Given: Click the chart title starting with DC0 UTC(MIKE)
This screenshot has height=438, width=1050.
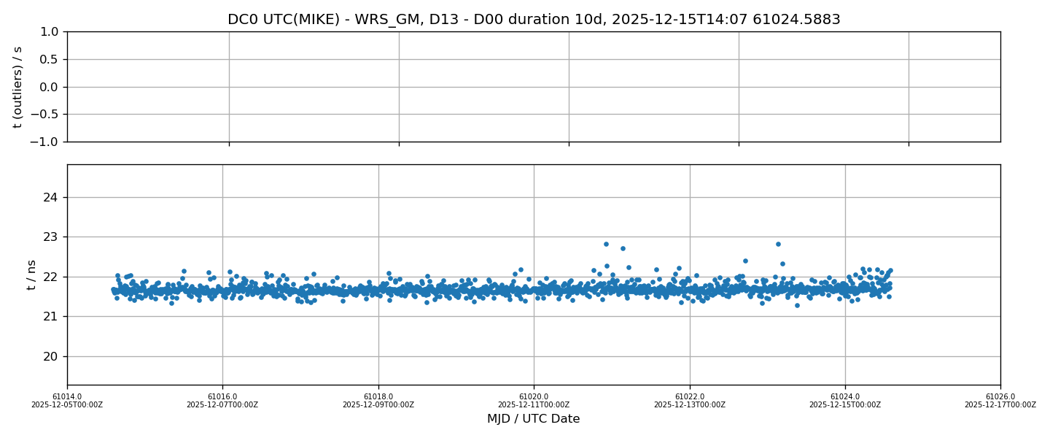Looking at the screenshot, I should (534, 20).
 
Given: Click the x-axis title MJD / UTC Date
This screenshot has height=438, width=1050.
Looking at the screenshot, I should (534, 419).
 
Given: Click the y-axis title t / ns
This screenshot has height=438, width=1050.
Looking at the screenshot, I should (31, 274).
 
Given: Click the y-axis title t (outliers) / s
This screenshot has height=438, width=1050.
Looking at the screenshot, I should (17, 87).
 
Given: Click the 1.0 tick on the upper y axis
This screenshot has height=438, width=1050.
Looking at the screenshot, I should (49, 32).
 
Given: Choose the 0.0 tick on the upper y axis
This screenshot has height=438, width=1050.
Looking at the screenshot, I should (49, 87).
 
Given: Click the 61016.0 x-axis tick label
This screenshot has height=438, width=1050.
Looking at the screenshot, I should (222, 396).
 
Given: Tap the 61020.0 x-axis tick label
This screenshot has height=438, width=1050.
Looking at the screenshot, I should (534, 396).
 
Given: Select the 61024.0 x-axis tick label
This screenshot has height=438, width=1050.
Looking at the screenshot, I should (845, 396).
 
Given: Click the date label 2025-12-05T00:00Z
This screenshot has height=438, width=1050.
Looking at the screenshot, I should (67, 405).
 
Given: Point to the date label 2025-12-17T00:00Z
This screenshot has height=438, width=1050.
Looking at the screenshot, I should (1000, 405).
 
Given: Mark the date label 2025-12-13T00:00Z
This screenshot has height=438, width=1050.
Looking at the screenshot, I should (689, 405).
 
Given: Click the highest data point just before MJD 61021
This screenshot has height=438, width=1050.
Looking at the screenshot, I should (606, 244).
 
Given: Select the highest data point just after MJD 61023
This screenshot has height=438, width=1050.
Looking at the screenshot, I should (778, 244).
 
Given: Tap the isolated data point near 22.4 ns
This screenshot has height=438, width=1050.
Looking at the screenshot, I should (745, 261).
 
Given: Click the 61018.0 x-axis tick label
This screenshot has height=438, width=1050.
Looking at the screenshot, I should (378, 396).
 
